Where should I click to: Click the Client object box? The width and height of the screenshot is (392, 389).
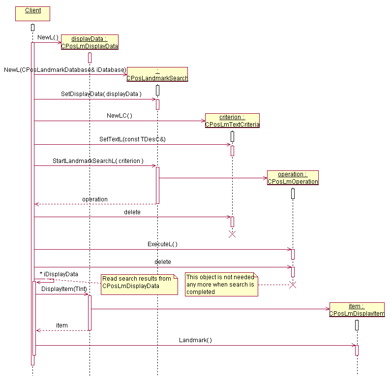coord(33,13)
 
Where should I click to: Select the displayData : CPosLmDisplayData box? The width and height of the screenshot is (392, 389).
coord(90,43)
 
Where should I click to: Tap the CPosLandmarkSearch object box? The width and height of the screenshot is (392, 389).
coord(157,74)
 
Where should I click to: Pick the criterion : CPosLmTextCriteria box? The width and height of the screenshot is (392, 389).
coord(232,121)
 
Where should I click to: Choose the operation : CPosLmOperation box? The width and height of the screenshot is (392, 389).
coord(293,178)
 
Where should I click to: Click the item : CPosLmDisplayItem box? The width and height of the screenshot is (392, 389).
coord(357,310)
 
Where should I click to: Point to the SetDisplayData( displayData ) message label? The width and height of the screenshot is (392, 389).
coord(101,94)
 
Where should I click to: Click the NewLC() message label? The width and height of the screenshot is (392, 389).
coord(120,116)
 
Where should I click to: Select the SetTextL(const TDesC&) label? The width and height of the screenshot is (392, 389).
coord(132,139)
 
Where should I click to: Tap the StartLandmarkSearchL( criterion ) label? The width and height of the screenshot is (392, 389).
coord(98,161)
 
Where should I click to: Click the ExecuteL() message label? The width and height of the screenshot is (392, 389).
coord(162,244)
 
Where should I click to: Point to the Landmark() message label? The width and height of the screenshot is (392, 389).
coord(195,340)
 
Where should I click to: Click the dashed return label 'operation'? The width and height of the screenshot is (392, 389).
coord(94,199)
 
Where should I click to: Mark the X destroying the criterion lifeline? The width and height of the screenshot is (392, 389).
coord(232,234)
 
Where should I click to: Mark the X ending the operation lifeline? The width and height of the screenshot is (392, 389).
coord(293,285)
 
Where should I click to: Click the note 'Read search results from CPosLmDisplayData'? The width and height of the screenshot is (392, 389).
coord(139,285)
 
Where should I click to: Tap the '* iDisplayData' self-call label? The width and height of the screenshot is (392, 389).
coord(59,274)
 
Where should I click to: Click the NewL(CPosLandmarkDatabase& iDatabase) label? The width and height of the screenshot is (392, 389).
coord(65,69)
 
